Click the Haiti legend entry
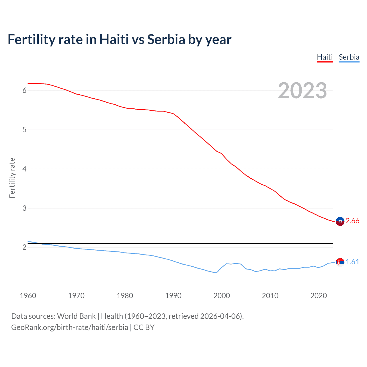coord(325,57)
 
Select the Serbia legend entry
coord(349,57)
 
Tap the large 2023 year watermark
coord(302,91)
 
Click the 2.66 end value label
coord(352,221)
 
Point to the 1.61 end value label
coord(352,262)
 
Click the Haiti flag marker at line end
coord(340,221)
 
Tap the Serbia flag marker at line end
coord(340,262)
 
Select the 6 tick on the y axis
coord(24,91)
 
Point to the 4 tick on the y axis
coord(24,169)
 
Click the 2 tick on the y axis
coord(24,247)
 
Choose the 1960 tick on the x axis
coord(28,296)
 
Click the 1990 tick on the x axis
coord(173,296)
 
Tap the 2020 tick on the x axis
coord(319,296)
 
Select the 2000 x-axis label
coord(222,296)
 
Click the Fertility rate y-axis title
coord(12,178)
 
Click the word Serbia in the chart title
coord(166,39)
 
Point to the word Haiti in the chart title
coord(114,39)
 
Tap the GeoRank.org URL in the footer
coord(70,327)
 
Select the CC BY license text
coord(144,327)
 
